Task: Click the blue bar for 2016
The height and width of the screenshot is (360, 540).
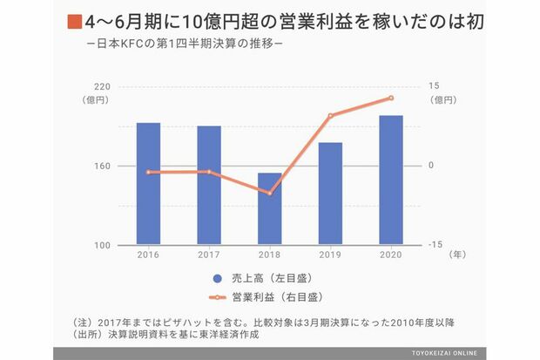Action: pos(148,184)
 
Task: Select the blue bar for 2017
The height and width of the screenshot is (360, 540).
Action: pos(208,186)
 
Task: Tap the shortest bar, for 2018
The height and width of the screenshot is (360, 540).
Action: pos(269,209)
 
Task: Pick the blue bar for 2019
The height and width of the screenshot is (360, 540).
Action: pos(330,194)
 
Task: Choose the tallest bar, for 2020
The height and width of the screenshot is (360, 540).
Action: pos(390,180)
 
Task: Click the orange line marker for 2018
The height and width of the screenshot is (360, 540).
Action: pos(269,193)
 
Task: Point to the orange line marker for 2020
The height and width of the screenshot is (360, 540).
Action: pos(390,98)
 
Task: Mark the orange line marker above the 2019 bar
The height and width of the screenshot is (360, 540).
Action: pos(330,115)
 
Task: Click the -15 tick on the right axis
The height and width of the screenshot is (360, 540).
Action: pos(433,245)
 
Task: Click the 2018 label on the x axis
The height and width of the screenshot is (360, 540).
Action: pos(269,255)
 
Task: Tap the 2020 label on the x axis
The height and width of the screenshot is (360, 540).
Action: pos(390,255)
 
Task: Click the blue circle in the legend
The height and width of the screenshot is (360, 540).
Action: pos(219,279)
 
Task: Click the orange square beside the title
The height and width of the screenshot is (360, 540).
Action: pos(73,19)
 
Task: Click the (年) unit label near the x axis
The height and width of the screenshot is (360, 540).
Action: pos(458,255)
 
